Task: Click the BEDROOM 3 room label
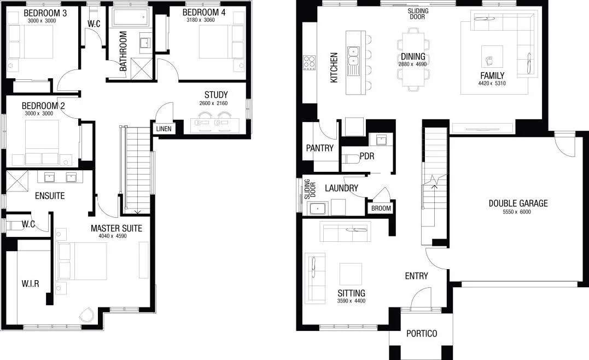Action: [x=42, y=12]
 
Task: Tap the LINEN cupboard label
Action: [x=164, y=129]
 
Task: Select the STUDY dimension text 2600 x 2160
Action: [x=215, y=103]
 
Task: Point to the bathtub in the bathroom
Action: [x=132, y=18]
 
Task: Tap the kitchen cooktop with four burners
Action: [x=310, y=63]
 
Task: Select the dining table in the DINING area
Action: [x=412, y=59]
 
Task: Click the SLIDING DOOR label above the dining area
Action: [x=418, y=14]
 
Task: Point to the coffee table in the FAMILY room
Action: [x=492, y=57]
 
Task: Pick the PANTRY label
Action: [x=320, y=148]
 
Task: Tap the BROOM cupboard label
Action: [x=381, y=208]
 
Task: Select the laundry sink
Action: [x=317, y=208]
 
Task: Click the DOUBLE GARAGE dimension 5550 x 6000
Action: [x=517, y=212]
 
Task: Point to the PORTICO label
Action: [x=421, y=334]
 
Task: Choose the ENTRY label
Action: [x=416, y=276]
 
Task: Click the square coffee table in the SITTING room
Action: [x=350, y=274]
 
